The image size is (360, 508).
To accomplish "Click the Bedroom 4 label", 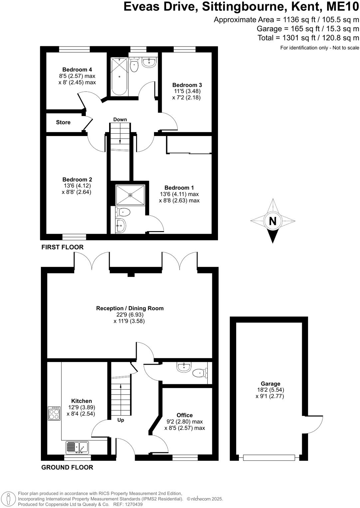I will point(77,69).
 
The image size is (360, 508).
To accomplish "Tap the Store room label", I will point(63,122).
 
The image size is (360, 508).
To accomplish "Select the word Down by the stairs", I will point(120,120).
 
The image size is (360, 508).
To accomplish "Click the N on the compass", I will point(272,221).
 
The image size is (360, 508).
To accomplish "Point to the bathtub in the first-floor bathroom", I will point(119,76).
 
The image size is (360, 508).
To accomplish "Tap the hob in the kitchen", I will point(54,414).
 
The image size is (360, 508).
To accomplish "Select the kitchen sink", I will point(77,447).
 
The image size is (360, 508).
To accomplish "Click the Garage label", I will point(270,384).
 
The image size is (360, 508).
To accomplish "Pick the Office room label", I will point(185,415).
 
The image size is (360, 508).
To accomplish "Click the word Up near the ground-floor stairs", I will point(121,420).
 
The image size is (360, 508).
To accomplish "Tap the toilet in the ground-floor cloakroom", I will point(199,373).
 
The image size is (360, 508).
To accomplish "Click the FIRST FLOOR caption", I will point(62,247).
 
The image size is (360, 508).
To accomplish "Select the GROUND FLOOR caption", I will point(67,467).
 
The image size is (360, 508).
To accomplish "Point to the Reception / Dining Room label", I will point(130,308).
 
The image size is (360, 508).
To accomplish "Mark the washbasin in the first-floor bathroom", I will point(149,62).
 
